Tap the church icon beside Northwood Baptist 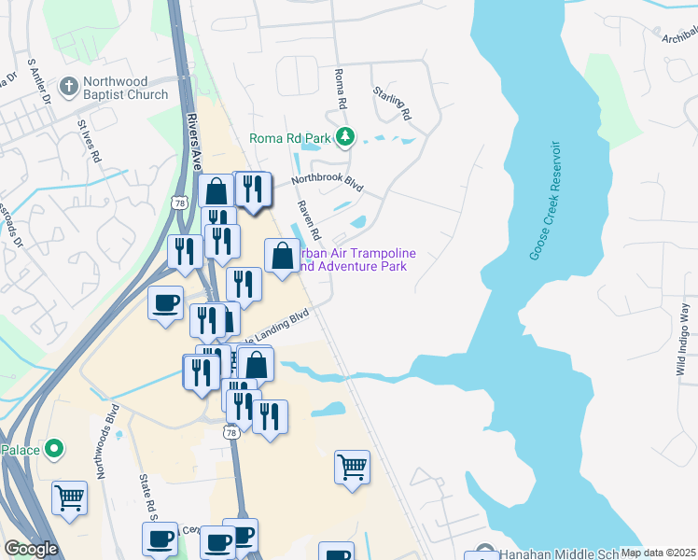pos(68,88)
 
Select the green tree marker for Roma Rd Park pos(345,138)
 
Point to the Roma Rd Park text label pos(290,139)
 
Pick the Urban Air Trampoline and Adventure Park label pos(355,259)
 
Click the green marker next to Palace pos(54,450)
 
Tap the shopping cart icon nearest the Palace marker pos(69,497)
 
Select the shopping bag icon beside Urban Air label pos(282,255)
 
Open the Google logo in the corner pos(31,549)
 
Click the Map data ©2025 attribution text pos(659,553)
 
